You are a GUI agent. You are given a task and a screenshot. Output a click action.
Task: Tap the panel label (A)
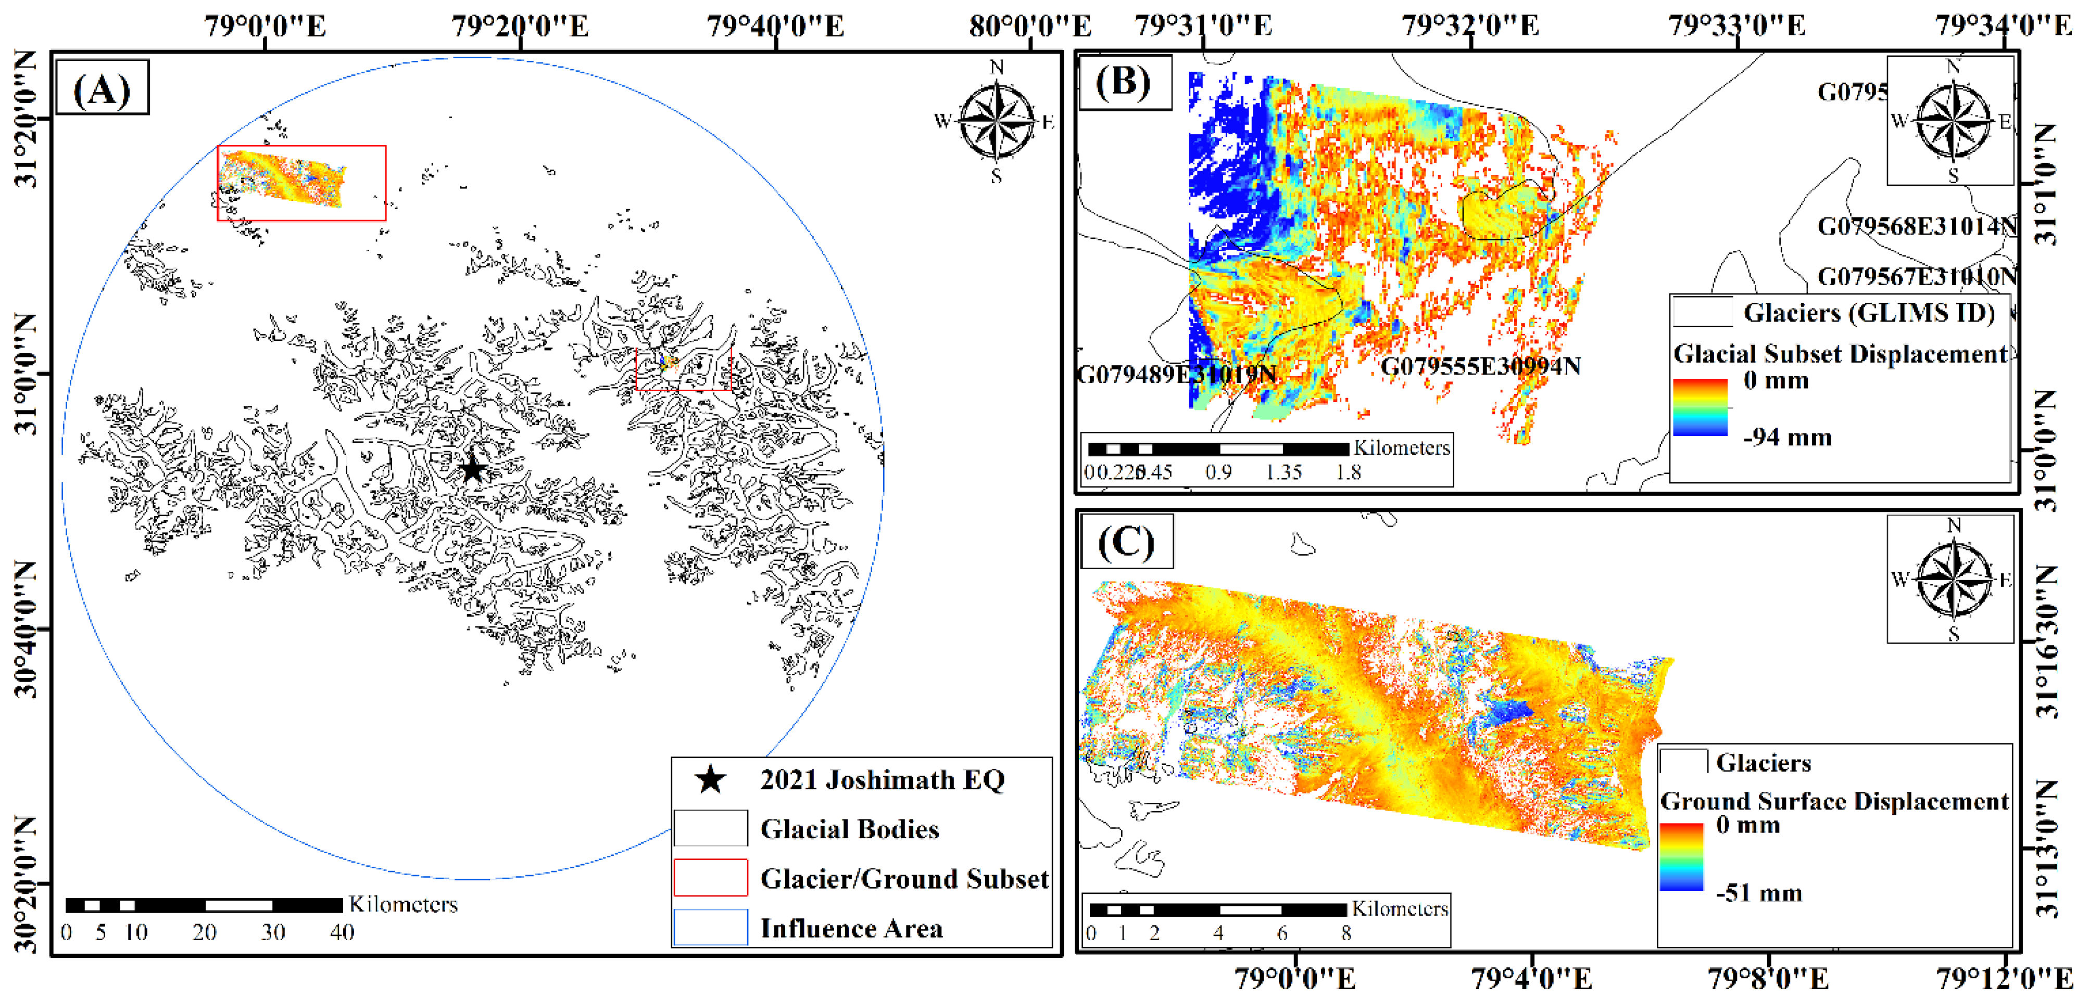[102, 87]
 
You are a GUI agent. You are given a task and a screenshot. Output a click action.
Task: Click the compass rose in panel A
[996, 122]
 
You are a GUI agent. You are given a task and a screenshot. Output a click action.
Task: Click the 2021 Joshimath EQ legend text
[882, 780]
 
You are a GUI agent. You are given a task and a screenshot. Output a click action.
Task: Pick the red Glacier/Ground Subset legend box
[710, 878]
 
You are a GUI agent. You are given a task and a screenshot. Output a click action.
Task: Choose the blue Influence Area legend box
[710, 927]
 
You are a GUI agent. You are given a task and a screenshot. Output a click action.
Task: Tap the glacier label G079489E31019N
[1176, 375]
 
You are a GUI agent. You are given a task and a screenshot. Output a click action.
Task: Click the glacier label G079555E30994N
[1480, 366]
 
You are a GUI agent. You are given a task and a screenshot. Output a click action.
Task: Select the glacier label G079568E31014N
[1916, 226]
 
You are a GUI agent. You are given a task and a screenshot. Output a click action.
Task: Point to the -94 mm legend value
[1788, 438]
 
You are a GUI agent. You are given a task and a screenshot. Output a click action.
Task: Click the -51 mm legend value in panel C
[1758, 893]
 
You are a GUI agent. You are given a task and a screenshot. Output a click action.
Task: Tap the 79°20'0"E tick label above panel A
[520, 26]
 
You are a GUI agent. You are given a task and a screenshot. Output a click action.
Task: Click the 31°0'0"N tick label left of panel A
[26, 375]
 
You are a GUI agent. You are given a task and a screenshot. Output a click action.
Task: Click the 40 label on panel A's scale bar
[342, 932]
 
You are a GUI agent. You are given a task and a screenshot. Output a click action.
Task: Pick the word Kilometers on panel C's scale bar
[1399, 908]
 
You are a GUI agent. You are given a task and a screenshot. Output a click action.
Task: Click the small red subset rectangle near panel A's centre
[684, 369]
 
